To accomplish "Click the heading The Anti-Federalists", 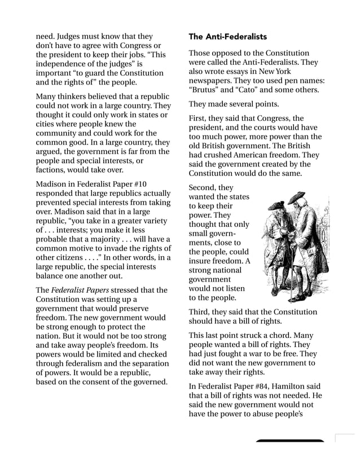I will (x=227, y=37).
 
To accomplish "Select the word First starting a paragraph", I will (x=200, y=118).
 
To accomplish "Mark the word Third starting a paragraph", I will (x=201, y=312).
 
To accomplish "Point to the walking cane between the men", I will (x=294, y=265).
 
